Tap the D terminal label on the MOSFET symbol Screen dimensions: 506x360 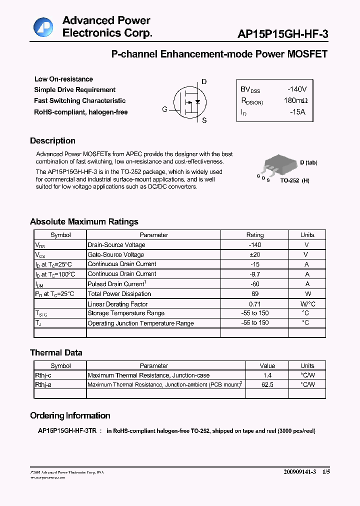pyautogui.click(x=204, y=82)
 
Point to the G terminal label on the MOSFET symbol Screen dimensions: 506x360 pyautogui.click(x=164, y=109)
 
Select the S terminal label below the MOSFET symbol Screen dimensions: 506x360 pyautogui.click(x=204, y=120)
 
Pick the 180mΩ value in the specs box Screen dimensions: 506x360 pyautogui.click(x=295, y=100)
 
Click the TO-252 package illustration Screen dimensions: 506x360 pyautogui.click(x=276, y=165)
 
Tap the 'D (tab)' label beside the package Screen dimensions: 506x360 pyautogui.click(x=308, y=162)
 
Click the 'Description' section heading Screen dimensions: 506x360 pyautogui.click(x=52, y=141)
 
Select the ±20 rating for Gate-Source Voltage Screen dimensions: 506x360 pyautogui.click(x=254, y=254)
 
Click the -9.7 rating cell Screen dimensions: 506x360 pyautogui.click(x=254, y=274)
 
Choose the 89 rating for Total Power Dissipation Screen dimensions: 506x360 pyautogui.click(x=254, y=294)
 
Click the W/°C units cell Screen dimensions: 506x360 pyautogui.click(x=307, y=304)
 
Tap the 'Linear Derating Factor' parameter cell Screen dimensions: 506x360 pyautogui.click(x=117, y=304)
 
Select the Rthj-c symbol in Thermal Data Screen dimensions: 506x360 pyautogui.click(x=43, y=375)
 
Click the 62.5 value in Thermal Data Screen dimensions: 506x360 pyautogui.click(x=267, y=384)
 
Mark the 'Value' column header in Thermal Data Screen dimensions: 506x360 pyautogui.click(x=267, y=365)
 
